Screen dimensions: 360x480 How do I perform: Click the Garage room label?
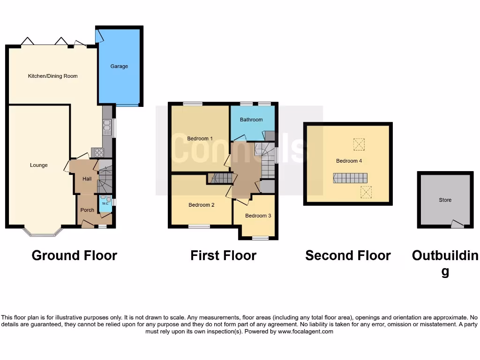tap(119, 67)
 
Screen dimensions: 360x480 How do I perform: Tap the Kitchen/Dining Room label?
tap(53, 76)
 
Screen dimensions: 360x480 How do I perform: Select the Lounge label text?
tap(39, 165)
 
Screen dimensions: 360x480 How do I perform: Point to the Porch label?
tap(87, 210)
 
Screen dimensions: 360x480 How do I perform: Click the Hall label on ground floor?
tap(87, 179)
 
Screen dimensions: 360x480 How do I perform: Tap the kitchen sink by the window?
tap(107, 126)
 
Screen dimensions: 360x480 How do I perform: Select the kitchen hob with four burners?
tap(97, 152)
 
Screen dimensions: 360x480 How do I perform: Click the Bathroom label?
tap(251, 120)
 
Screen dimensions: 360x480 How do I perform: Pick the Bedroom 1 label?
tap(200, 139)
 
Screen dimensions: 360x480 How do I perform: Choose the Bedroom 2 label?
tap(202, 205)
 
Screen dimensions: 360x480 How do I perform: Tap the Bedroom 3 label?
tap(258, 216)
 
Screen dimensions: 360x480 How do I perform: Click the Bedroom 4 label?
tap(349, 161)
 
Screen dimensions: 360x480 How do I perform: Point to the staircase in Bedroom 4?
tap(350, 178)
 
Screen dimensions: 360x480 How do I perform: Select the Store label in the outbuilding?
tap(445, 200)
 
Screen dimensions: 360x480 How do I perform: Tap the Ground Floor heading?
tap(74, 255)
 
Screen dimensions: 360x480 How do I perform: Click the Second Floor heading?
tap(348, 255)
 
